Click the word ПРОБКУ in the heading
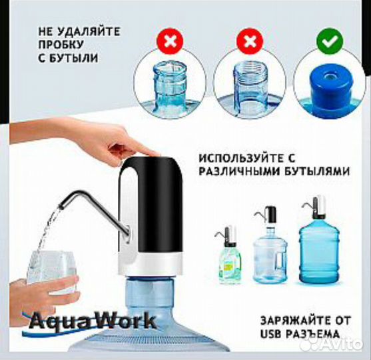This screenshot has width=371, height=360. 61,45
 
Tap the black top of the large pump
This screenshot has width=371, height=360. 151,204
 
